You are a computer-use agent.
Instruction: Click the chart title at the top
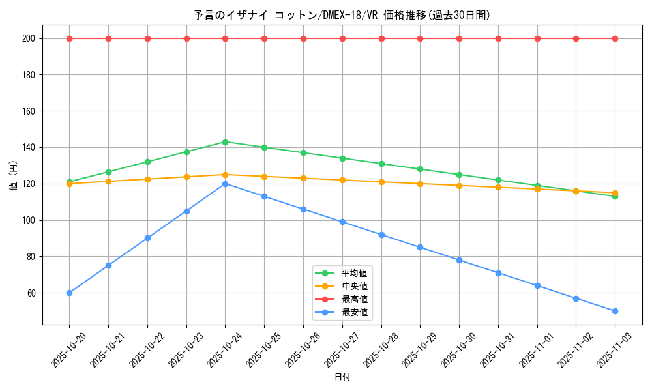(342, 15)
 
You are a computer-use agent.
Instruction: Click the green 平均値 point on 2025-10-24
(225, 142)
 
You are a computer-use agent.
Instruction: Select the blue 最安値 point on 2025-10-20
(69, 293)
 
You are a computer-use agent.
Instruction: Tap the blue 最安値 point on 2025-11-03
(615, 311)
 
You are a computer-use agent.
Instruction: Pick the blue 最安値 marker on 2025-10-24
(225, 184)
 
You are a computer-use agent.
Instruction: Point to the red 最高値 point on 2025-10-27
(342, 38)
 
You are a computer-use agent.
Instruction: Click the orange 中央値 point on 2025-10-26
(303, 178)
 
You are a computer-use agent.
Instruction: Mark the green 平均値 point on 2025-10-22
(147, 162)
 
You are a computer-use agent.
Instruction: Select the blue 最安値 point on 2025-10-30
(459, 260)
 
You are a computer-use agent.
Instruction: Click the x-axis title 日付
(342, 377)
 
